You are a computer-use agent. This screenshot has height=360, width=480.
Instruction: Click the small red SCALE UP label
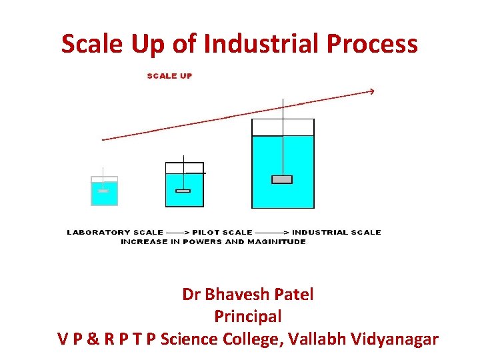169,76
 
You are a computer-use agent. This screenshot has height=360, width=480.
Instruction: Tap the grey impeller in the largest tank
282,179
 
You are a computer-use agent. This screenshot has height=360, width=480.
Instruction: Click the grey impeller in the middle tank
183,191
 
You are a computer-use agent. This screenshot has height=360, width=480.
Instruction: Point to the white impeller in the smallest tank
103,191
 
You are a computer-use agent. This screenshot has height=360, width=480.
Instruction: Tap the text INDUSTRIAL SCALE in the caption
336,233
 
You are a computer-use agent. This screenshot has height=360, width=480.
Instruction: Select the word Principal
248,316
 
